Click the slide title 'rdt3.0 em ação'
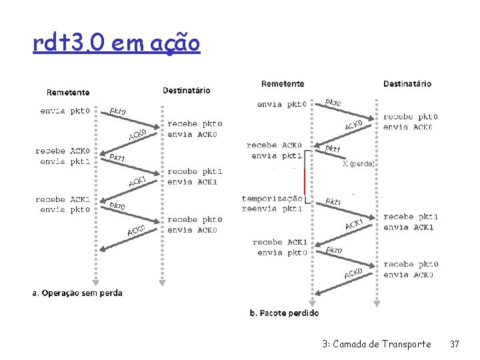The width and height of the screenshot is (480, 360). click(116, 44)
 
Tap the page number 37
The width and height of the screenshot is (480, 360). click(455, 344)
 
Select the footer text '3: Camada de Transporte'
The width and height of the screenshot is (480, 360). click(376, 344)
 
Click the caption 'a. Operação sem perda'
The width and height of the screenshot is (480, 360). click(78, 293)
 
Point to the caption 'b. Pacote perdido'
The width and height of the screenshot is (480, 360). click(284, 313)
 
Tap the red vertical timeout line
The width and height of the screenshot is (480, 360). click(305, 181)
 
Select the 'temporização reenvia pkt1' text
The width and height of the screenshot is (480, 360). click(272, 203)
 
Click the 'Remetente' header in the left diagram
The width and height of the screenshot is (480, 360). click(68, 92)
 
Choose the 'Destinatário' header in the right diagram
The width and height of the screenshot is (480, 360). click(407, 84)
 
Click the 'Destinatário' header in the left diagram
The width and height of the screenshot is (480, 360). click(186, 90)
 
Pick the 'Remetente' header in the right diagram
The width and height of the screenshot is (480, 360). click(283, 84)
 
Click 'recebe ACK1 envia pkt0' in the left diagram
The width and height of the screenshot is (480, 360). click(60, 204)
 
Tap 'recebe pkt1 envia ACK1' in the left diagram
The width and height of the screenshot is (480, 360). click(195, 177)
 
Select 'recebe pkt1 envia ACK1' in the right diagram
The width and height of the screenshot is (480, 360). click(411, 222)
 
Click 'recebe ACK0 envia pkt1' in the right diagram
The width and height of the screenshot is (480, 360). click(273, 150)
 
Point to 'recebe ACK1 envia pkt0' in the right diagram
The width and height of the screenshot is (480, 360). click(280, 247)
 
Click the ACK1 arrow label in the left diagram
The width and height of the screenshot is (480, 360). click(137, 181)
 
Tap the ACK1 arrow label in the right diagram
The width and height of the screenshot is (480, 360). click(354, 224)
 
